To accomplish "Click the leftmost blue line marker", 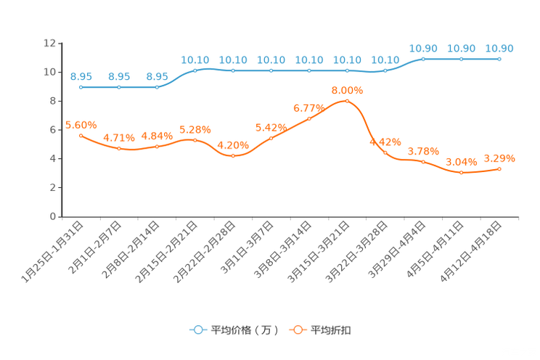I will (81, 87).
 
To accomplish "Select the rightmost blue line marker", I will (499, 59).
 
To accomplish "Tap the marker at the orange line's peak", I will (347, 101).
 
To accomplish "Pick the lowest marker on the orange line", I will (461, 172).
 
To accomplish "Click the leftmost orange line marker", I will (81, 135).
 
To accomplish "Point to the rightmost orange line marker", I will (499, 168).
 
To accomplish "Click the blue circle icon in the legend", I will (197, 330).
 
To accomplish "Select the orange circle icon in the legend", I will (298, 330).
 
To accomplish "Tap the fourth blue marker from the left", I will (195, 70).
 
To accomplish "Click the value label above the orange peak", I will (347, 91).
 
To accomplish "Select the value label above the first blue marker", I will (81, 75).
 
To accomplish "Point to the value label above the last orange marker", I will (499, 157).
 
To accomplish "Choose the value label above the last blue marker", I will (499, 48).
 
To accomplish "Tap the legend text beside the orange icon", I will (332, 330).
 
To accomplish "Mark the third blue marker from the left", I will (157, 87).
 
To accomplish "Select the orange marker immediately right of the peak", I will (385, 152).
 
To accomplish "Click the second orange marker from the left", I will (119, 148).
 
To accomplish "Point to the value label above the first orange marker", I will (81, 125).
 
